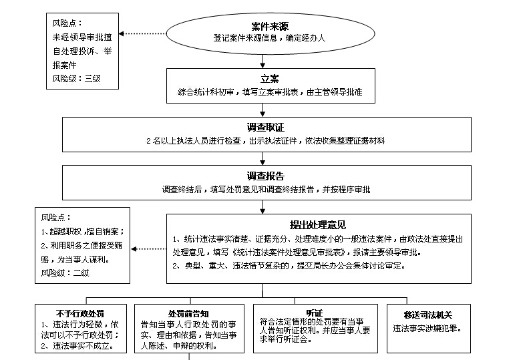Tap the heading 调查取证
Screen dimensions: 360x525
[x=265, y=127]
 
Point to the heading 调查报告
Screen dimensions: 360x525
[x=265, y=176]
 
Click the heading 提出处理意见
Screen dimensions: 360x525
[x=317, y=224]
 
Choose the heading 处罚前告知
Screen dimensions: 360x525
[x=188, y=314]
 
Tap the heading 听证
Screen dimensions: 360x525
[x=314, y=313]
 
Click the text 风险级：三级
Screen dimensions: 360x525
[x=76, y=78]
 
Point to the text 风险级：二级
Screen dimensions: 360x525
[x=65, y=273]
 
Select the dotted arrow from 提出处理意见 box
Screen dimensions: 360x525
[x=149, y=248]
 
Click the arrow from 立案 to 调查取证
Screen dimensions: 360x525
[x=263, y=110]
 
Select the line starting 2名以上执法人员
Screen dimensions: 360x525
[x=266, y=141]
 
